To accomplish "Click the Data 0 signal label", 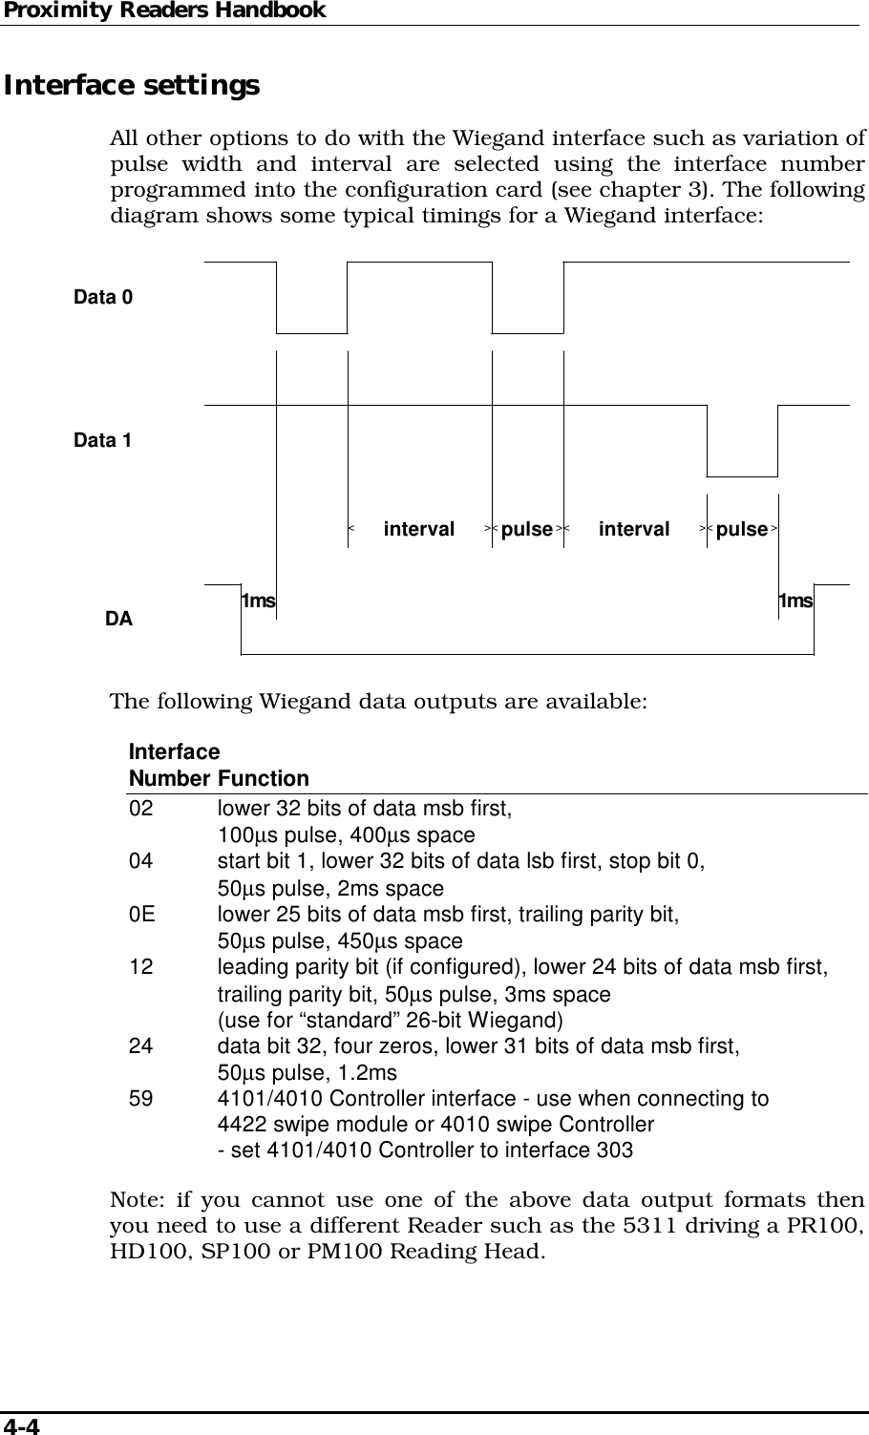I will click(x=104, y=297).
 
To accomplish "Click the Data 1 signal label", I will click(x=103, y=441).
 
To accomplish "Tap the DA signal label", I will click(x=118, y=620).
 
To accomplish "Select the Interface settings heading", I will click(x=132, y=86).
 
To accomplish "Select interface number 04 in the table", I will click(x=140, y=863).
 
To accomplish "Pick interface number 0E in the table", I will click(x=142, y=916).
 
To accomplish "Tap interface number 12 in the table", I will click(x=140, y=968).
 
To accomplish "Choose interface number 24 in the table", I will click(x=140, y=1046).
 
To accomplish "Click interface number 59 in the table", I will click(x=140, y=1099).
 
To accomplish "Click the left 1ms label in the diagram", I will click(x=258, y=601).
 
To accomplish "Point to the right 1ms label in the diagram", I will click(x=796, y=601).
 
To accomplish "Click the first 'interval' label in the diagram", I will click(x=419, y=529).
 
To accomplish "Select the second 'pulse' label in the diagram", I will click(x=742, y=529).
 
